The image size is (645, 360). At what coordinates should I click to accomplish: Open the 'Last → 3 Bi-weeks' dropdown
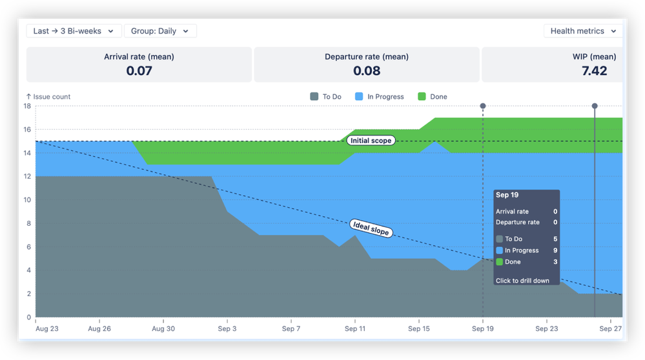coord(73,31)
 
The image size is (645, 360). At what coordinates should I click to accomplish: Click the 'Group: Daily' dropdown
coord(159,31)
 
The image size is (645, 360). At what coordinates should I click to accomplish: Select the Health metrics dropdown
coord(583,31)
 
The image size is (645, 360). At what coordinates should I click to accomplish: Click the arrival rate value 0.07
coord(139,71)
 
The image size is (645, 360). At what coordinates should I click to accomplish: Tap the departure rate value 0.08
coord(366,71)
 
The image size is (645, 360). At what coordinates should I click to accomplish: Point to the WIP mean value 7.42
coord(593,71)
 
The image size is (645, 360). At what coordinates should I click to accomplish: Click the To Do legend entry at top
coord(326,97)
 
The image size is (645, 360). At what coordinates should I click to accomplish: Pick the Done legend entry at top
coord(432,97)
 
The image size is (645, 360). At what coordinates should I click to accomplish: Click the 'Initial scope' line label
coord(371,141)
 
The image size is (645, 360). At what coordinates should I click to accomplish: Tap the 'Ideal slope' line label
coord(371,228)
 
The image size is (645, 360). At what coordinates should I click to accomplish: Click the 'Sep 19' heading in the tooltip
coord(507,195)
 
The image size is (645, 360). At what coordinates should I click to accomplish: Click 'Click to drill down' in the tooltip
coord(522,281)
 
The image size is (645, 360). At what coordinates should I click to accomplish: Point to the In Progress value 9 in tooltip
coord(555,250)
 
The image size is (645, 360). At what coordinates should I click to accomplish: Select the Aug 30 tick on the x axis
coord(163,328)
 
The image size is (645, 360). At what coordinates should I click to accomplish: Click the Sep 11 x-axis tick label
coord(355,328)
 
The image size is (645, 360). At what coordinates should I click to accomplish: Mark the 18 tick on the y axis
coord(28,106)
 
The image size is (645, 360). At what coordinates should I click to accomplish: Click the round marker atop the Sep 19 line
coord(483,106)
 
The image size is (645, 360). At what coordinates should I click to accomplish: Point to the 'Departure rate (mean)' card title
coord(366,57)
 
